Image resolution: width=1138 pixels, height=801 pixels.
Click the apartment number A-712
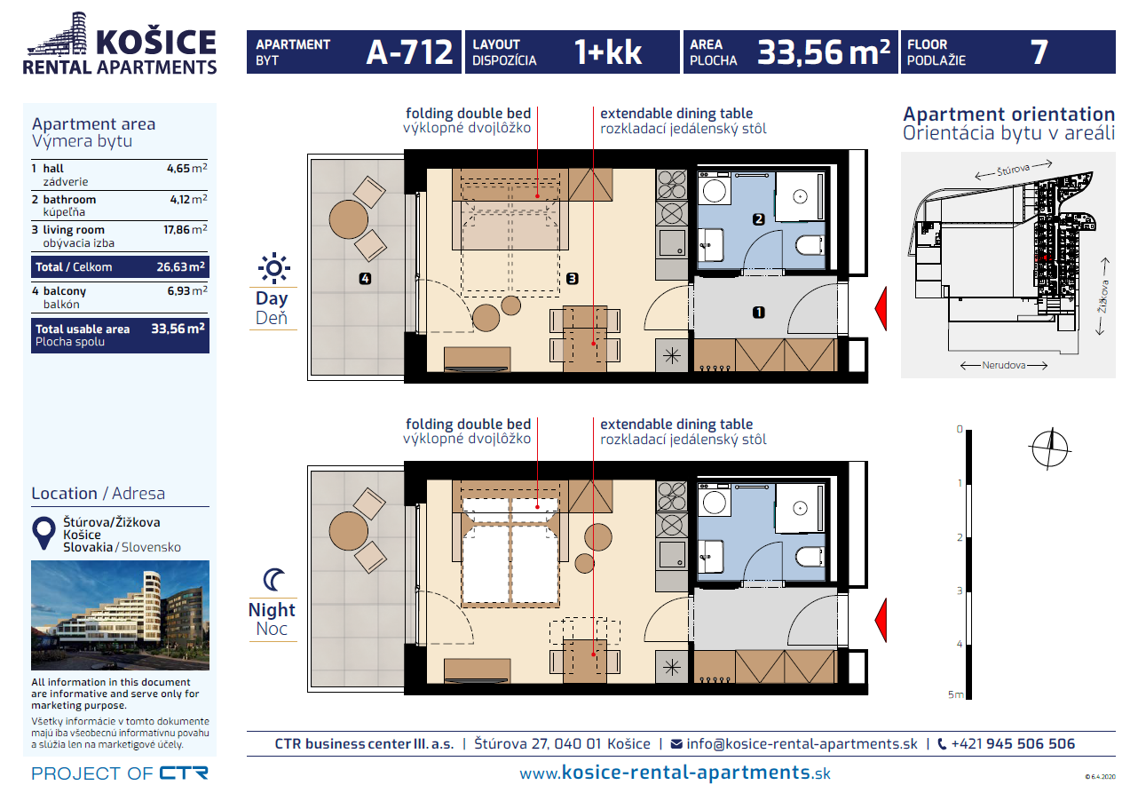click(410, 52)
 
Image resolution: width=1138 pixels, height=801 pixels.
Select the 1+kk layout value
click(607, 52)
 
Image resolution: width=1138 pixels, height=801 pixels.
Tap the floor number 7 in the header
click(1039, 52)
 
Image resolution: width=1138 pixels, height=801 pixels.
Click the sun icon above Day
click(273, 267)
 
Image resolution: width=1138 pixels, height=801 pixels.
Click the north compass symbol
click(1050, 447)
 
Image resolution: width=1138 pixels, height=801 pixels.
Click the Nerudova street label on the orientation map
click(1005, 365)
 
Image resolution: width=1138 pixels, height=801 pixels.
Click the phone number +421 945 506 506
click(1013, 744)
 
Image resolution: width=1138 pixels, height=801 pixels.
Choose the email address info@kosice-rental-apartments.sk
click(802, 744)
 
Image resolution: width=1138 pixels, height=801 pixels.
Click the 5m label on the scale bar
click(955, 694)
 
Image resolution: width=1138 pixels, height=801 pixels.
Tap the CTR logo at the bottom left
click(184, 773)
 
